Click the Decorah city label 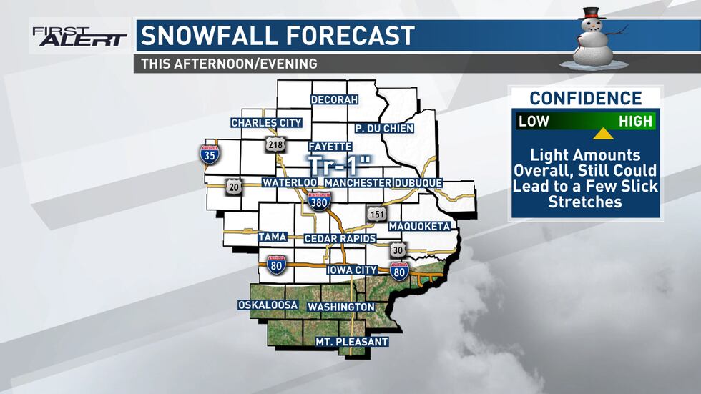pyautogui.click(x=333, y=99)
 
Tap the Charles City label pyautogui.click(x=266, y=123)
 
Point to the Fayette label pyautogui.click(x=330, y=146)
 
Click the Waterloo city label pyautogui.click(x=289, y=183)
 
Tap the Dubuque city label pyautogui.click(x=418, y=183)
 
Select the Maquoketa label pyautogui.click(x=419, y=227)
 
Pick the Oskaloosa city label pyautogui.click(x=268, y=305)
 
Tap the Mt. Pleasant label pyautogui.click(x=351, y=342)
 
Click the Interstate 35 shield pyautogui.click(x=210, y=153)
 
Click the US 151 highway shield pyautogui.click(x=376, y=215)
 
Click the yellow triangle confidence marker pyautogui.click(x=603, y=134)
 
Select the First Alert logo pyautogui.click(x=79, y=36)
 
